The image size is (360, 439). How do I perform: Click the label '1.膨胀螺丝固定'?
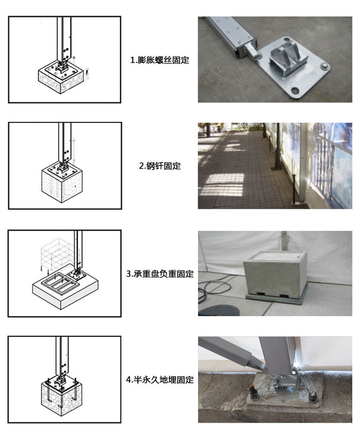click(x=159, y=60)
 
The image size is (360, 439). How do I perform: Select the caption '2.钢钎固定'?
click(x=159, y=166)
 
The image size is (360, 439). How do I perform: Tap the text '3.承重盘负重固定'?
click(x=159, y=274)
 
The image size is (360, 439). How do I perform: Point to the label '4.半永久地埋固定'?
click(x=159, y=380)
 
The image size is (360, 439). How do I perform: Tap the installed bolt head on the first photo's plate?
click(x=325, y=66)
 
